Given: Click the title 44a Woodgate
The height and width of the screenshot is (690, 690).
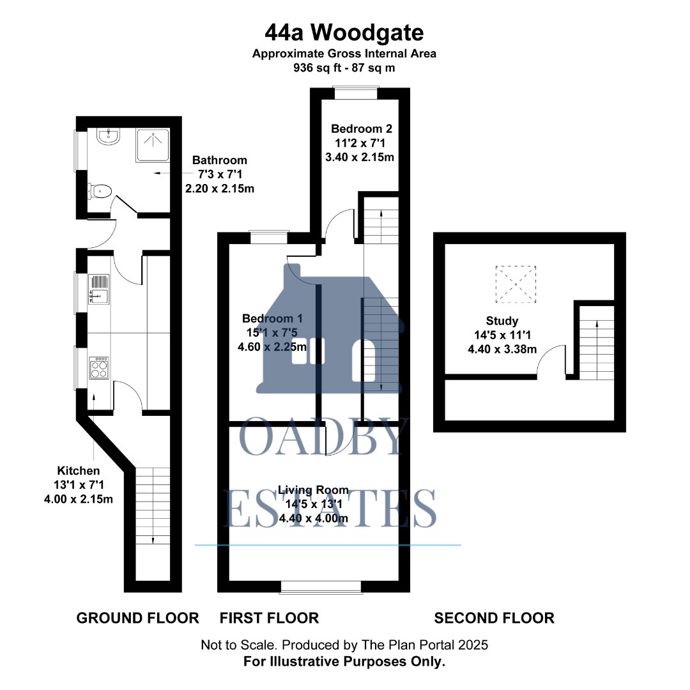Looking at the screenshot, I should click(344, 32).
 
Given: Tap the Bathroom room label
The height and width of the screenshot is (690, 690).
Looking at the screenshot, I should click(219, 160).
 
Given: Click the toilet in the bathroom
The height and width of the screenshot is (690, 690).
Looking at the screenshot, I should click(101, 190).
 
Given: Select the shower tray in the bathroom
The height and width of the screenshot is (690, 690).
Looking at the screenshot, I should click(153, 145).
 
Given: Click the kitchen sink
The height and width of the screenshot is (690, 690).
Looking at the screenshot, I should click(100, 289).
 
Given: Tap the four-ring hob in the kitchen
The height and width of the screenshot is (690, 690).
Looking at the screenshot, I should click(100, 367).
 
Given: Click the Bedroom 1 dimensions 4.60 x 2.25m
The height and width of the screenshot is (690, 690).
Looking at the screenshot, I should click(272, 348).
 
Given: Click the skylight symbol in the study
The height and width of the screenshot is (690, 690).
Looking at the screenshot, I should click(516, 285).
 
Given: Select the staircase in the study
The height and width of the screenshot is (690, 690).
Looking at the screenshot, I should click(597, 341).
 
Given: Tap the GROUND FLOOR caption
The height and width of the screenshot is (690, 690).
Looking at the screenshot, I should click(137, 618).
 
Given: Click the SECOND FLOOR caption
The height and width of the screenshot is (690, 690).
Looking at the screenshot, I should click(494, 618).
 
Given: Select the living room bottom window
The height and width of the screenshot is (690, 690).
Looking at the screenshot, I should click(321, 586).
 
